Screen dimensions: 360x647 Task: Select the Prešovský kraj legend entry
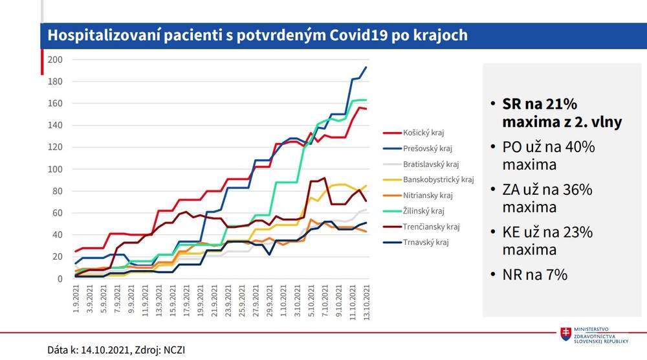tap(426, 148)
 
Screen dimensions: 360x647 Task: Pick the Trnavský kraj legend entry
tap(426, 242)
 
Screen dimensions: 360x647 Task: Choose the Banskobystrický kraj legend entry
tap(438, 179)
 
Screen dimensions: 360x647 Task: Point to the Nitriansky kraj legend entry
tap(428, 195)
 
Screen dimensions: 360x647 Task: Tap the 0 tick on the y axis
tap(59, 279)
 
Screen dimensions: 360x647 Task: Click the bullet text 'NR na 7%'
tap(534, 275)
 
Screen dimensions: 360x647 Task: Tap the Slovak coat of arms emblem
tap(566, 334)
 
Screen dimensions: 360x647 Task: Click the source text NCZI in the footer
tap(177, 350)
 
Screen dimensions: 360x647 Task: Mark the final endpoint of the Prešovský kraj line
tap(366, 67)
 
